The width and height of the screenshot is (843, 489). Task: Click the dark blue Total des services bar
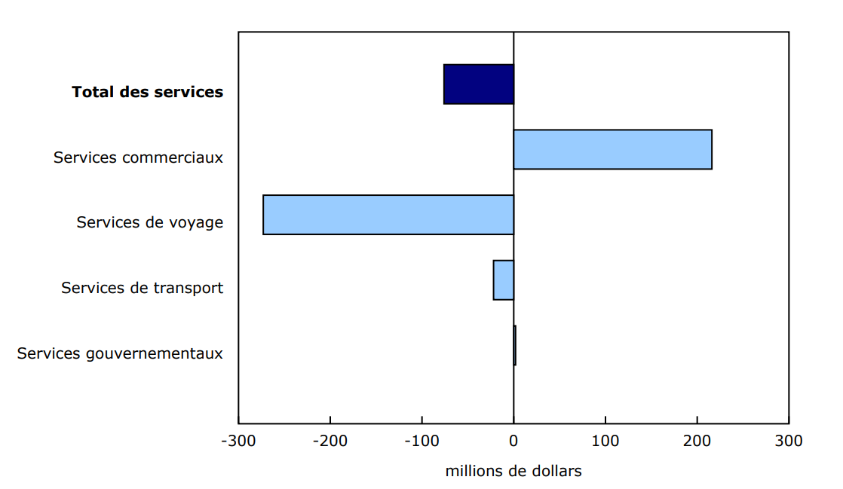pos(479,84)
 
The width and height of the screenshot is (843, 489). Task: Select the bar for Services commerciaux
pos(612,149)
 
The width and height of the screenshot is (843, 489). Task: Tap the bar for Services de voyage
pos(388,215)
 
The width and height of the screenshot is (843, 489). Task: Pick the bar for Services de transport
pos(504,280)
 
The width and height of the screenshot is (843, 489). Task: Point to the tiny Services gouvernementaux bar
pos(515,345)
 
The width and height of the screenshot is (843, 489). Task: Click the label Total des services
pos(148,92)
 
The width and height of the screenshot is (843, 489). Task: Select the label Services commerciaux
pos(138,157)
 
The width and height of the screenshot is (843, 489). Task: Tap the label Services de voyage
pos(149,222)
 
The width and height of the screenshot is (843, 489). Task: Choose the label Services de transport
pos(142,288)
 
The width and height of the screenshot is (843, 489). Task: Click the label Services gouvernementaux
pos(120,353)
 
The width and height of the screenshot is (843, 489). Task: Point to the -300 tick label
pos(238,441)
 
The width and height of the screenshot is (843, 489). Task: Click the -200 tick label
pos(330,441)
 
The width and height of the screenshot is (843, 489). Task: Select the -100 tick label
pos(421,441)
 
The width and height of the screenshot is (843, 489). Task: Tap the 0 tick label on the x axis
pos(513,441)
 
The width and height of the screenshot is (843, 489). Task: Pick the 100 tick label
pos(605,441)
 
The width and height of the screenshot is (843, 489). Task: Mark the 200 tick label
pos(697,441)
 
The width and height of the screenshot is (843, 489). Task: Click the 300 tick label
pos(788,441)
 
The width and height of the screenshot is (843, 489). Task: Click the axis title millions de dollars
pos(513,472)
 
